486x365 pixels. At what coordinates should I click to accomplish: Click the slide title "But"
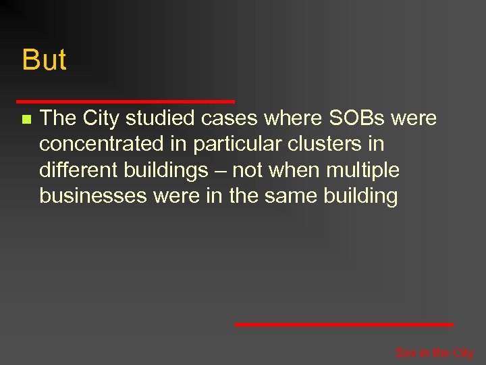44,60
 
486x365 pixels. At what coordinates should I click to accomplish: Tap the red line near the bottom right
344,324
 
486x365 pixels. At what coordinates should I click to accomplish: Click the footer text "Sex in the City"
434,353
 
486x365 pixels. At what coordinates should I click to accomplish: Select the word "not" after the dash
246,170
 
